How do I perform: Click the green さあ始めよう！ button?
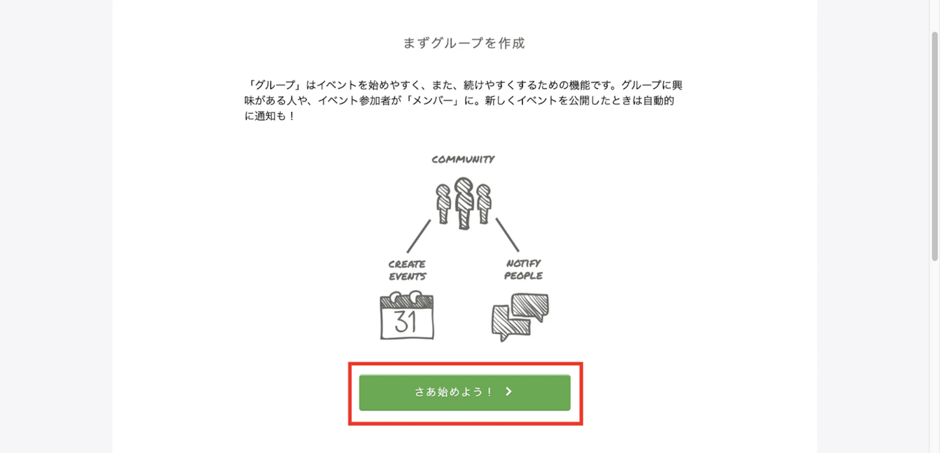coord(464,392)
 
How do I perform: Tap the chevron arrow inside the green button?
coord(509,391)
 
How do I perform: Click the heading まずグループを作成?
coord(464,43)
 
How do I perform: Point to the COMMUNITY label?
coord(463,160)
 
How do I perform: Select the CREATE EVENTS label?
coord(407,270)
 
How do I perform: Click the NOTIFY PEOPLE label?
coord(523,269)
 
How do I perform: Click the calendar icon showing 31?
coord(407,316)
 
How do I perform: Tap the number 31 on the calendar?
coord(406,322)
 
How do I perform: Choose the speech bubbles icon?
coord(520,317)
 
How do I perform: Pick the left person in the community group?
coord(443,203)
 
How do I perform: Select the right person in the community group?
coord(484,203)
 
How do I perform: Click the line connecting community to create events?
coord(419,236)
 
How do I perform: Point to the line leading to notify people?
coord(507,235)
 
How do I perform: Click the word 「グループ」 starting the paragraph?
coord(274,85)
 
